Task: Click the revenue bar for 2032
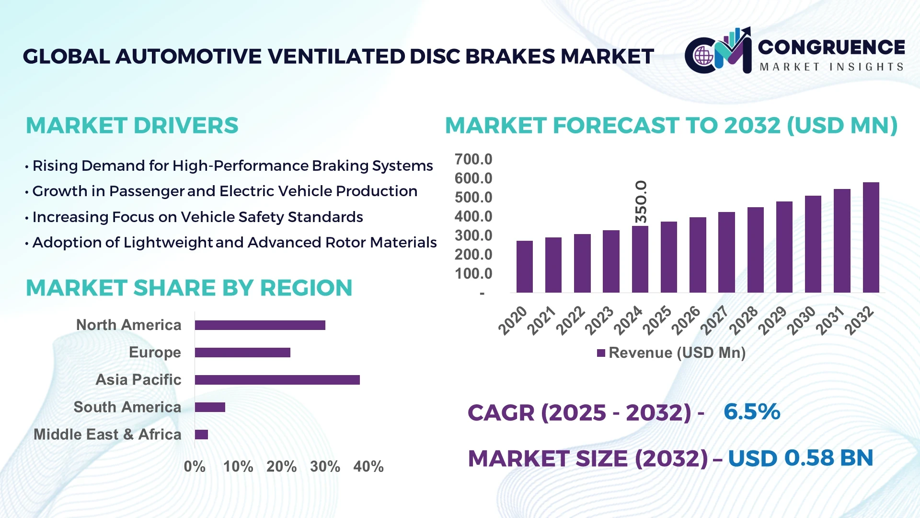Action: point(871,237)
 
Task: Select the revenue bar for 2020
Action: point(524,267)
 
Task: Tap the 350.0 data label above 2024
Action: point(641,201)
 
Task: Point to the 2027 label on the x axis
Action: point(714,320)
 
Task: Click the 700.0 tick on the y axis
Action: point(473,159)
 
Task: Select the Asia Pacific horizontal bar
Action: point(277,380)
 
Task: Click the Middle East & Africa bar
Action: point(201,435)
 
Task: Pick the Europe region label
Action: point(155,352)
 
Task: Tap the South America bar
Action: point(210,407)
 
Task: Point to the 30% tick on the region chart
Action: point(325,466)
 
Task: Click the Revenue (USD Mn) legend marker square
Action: point(601,353)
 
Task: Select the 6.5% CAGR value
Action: point(751,412)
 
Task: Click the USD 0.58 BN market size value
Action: point(800,458)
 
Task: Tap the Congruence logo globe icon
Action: point(703,56)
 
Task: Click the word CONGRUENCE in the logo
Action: point(831,47)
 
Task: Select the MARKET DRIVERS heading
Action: point(132,126)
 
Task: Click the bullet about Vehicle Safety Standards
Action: point(197,217)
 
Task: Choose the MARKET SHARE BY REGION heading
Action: point(189,288)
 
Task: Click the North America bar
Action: point(260,325)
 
